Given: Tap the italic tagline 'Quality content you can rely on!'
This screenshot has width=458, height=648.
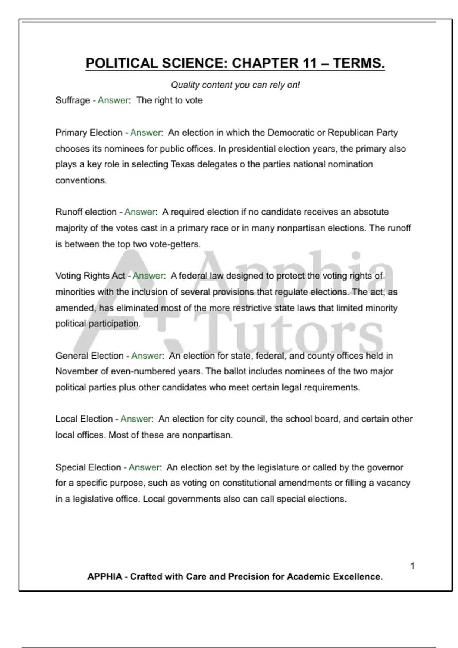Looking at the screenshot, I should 235,85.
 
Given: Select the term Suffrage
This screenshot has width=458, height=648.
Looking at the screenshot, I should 73,101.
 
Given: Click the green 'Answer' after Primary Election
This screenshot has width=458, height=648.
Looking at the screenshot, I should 146,133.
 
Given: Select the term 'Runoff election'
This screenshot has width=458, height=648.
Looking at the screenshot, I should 86,212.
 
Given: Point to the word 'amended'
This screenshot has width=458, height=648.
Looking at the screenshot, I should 74,308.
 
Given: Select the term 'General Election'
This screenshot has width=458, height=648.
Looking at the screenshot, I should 89,356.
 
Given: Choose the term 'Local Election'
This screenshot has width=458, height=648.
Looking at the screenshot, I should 84,419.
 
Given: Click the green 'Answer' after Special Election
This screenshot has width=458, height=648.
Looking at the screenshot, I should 144,467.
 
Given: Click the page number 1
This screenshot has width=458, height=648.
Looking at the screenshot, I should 413,566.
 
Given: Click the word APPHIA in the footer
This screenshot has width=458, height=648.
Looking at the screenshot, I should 105,577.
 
